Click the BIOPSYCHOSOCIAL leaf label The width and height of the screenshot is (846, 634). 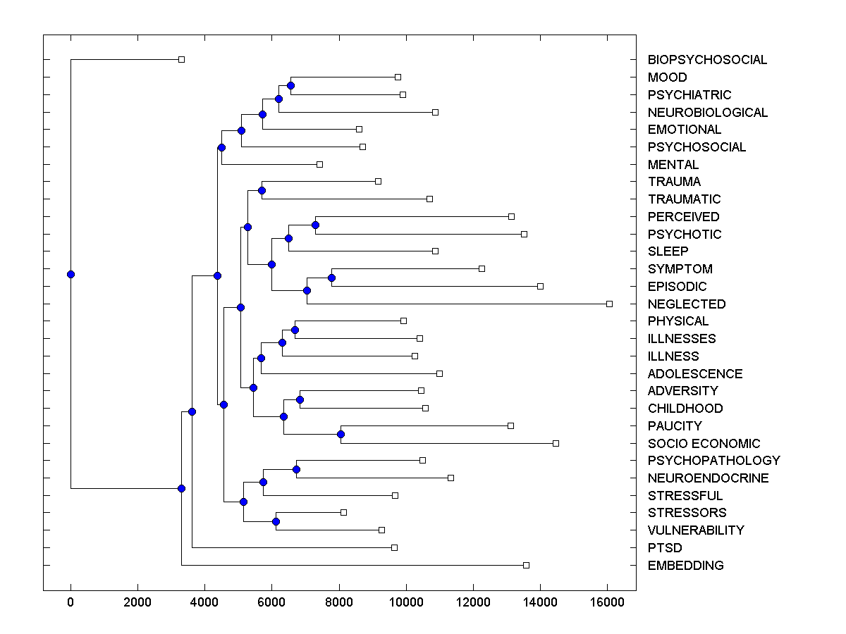click(x=707, y=60)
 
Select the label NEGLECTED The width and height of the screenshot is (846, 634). click(x=687, y=304)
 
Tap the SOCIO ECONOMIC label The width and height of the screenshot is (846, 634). click(x=704, y=444)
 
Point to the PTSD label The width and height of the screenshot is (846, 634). click(x=665, y=548)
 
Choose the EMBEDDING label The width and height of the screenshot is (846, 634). click(x=685, y=566)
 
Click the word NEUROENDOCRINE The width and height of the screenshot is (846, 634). click(x=709, y=478)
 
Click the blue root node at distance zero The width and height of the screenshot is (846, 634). click(x=70, y=274)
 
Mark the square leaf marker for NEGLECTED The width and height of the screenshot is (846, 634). click(x=609, y=304)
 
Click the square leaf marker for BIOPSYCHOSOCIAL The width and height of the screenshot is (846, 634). click(x=181, y=59)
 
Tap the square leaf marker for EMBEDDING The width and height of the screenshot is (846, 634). click(x=526, y=565)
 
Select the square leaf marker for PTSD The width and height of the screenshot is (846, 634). click(x=394, y=547)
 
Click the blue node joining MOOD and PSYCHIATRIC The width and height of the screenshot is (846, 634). click(x=290, y=85)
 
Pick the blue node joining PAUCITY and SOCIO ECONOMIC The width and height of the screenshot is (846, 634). click(x=341, y=434)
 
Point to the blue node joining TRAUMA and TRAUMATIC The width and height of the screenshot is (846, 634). click(x=262, y=190)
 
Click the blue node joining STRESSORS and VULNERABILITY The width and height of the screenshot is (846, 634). click(x=276, y=521)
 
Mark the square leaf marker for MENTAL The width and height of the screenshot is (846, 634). click(x=319, y=164)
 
